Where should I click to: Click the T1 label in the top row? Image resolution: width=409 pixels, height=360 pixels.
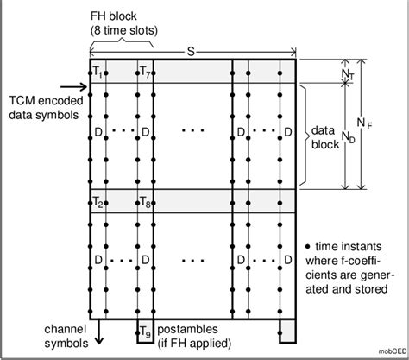click(x=98, y=71)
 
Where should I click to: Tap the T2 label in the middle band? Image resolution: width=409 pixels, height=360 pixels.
click(x=98, y=203)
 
